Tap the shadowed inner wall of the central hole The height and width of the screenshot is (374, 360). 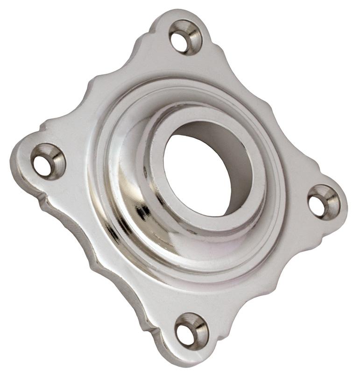(x=219, y=140)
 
